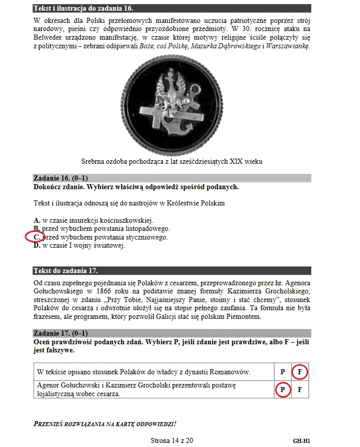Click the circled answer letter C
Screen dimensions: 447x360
point(36,237)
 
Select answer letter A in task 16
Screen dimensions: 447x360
point(37,220)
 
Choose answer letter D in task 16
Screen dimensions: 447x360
point(37,246)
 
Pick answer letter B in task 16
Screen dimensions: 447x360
point(36,229)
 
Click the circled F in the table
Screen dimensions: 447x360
point(300,372)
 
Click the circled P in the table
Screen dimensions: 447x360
point(282,390)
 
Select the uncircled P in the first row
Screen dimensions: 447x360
point(282,372)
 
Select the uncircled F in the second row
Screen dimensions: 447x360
point(300,390)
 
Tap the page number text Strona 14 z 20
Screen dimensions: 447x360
point(172,440)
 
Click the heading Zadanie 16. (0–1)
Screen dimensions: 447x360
point(59,178)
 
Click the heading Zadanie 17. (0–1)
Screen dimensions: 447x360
point(59,333)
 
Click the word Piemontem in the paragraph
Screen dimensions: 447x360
point(244,316)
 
